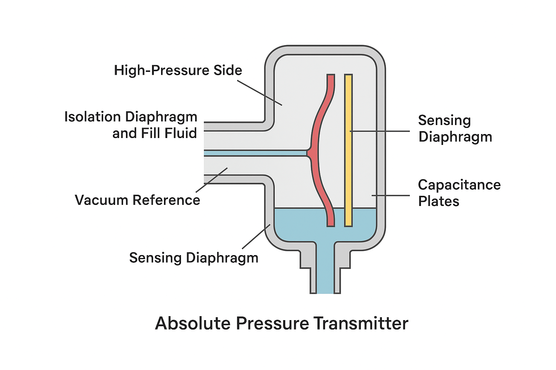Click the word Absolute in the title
point(193,323)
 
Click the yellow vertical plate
point(348,152)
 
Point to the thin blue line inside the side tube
point(253,153)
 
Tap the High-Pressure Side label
point(178,70)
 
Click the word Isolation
point(92,117)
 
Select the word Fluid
point(180,133)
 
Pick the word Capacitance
point(459,185)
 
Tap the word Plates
point(438,201)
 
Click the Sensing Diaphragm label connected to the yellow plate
point(455,129)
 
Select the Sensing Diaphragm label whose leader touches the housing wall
point(194,258)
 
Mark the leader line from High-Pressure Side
point(259,92)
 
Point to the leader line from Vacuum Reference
point(211,180)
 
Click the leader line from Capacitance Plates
point(391,195)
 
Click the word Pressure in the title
point(272,323)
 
